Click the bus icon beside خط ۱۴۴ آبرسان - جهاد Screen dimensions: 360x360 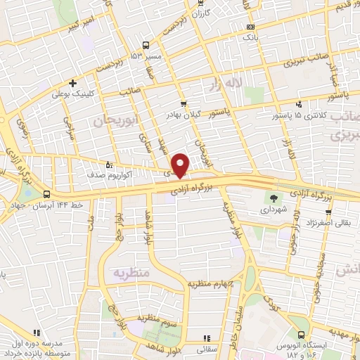46,194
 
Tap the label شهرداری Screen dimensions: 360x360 270,210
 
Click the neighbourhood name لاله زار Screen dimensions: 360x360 226,85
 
